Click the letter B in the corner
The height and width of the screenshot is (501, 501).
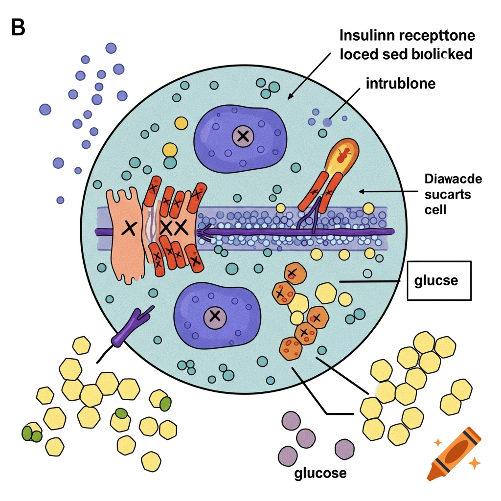(18, 28)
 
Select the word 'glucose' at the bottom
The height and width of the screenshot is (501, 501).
(320, 473)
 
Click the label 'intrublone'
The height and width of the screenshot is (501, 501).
(400, 84)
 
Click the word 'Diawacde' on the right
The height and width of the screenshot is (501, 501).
(453, 179)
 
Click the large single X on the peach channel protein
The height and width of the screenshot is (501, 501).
(129, 227)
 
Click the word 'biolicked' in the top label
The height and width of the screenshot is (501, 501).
(439, 54)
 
